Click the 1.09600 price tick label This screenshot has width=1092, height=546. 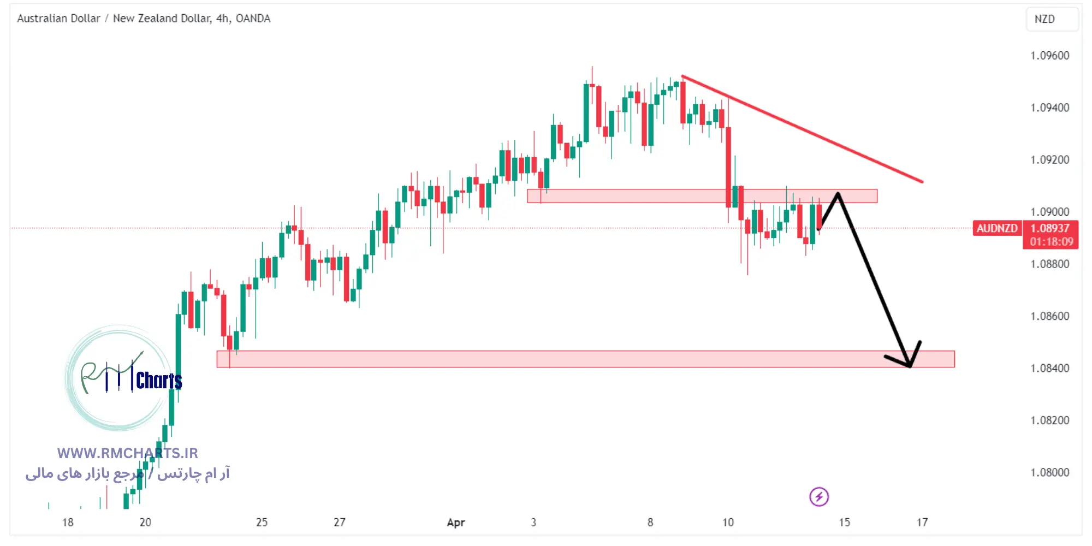1049,56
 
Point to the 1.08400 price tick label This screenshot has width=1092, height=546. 1049,369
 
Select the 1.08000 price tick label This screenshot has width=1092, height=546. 1049,473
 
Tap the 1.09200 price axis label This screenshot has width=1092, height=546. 1049,160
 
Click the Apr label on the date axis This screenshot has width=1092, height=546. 456,523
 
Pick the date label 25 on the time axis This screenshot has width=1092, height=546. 262,523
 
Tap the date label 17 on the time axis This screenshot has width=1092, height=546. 922,523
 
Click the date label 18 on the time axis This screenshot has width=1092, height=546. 68,523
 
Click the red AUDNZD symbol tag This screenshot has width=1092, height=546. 997,228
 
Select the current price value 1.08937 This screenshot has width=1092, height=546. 1050,228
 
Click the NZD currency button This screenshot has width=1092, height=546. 1044,19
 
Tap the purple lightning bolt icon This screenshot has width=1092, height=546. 818,497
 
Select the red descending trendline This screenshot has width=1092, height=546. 803,129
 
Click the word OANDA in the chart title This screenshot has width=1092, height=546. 253,19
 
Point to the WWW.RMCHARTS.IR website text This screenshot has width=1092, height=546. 127,453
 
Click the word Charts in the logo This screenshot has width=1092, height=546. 159,381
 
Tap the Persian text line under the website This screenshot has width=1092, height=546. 128,473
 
